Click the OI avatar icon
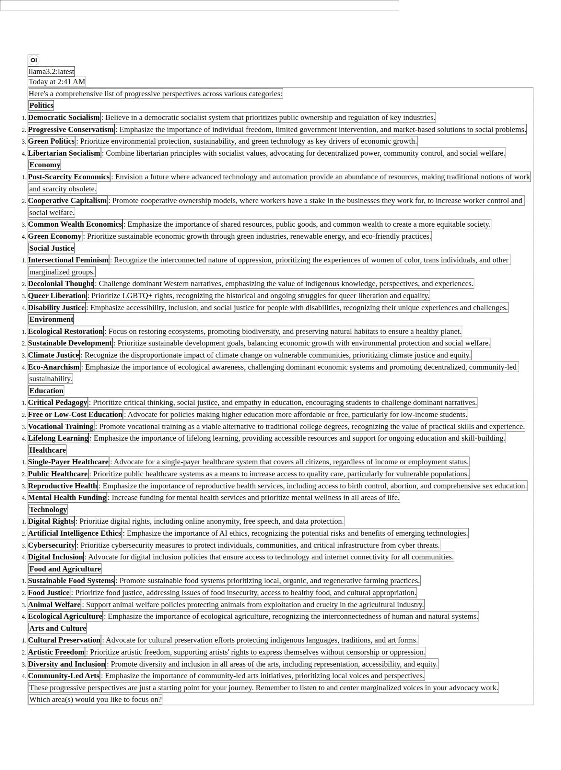click(34, 60)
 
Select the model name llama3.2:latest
click(51, 71)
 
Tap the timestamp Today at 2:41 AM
click(57, 82)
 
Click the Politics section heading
click(41, 105)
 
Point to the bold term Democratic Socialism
click(64, 117)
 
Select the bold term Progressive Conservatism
click(71, 129)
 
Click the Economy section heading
click(44, 165)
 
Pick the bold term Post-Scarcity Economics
click(69, 177)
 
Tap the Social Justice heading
click(52, 248)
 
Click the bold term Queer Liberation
click(57, 296)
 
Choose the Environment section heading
click(51, 319)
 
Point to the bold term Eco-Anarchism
click(54, 367)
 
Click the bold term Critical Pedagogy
click(58, 402)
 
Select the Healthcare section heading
click(47, 450)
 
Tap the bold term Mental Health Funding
click(67, 497)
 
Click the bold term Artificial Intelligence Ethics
click(75, 533)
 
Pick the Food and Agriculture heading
click(65, 569)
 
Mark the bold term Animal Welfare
click(54, 605)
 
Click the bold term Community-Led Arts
click(64, 676)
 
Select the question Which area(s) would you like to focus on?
click(95, 699)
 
